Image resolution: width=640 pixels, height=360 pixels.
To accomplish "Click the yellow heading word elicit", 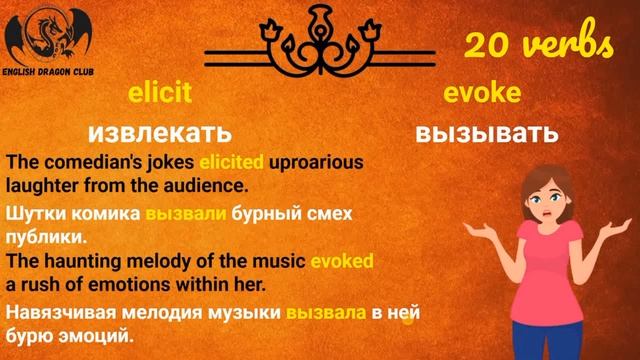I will click(x=159, y=94).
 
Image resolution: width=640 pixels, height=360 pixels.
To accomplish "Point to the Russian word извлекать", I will click(x=159, y=132).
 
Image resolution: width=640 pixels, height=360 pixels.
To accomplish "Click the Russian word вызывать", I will click(x=486, y=132).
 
